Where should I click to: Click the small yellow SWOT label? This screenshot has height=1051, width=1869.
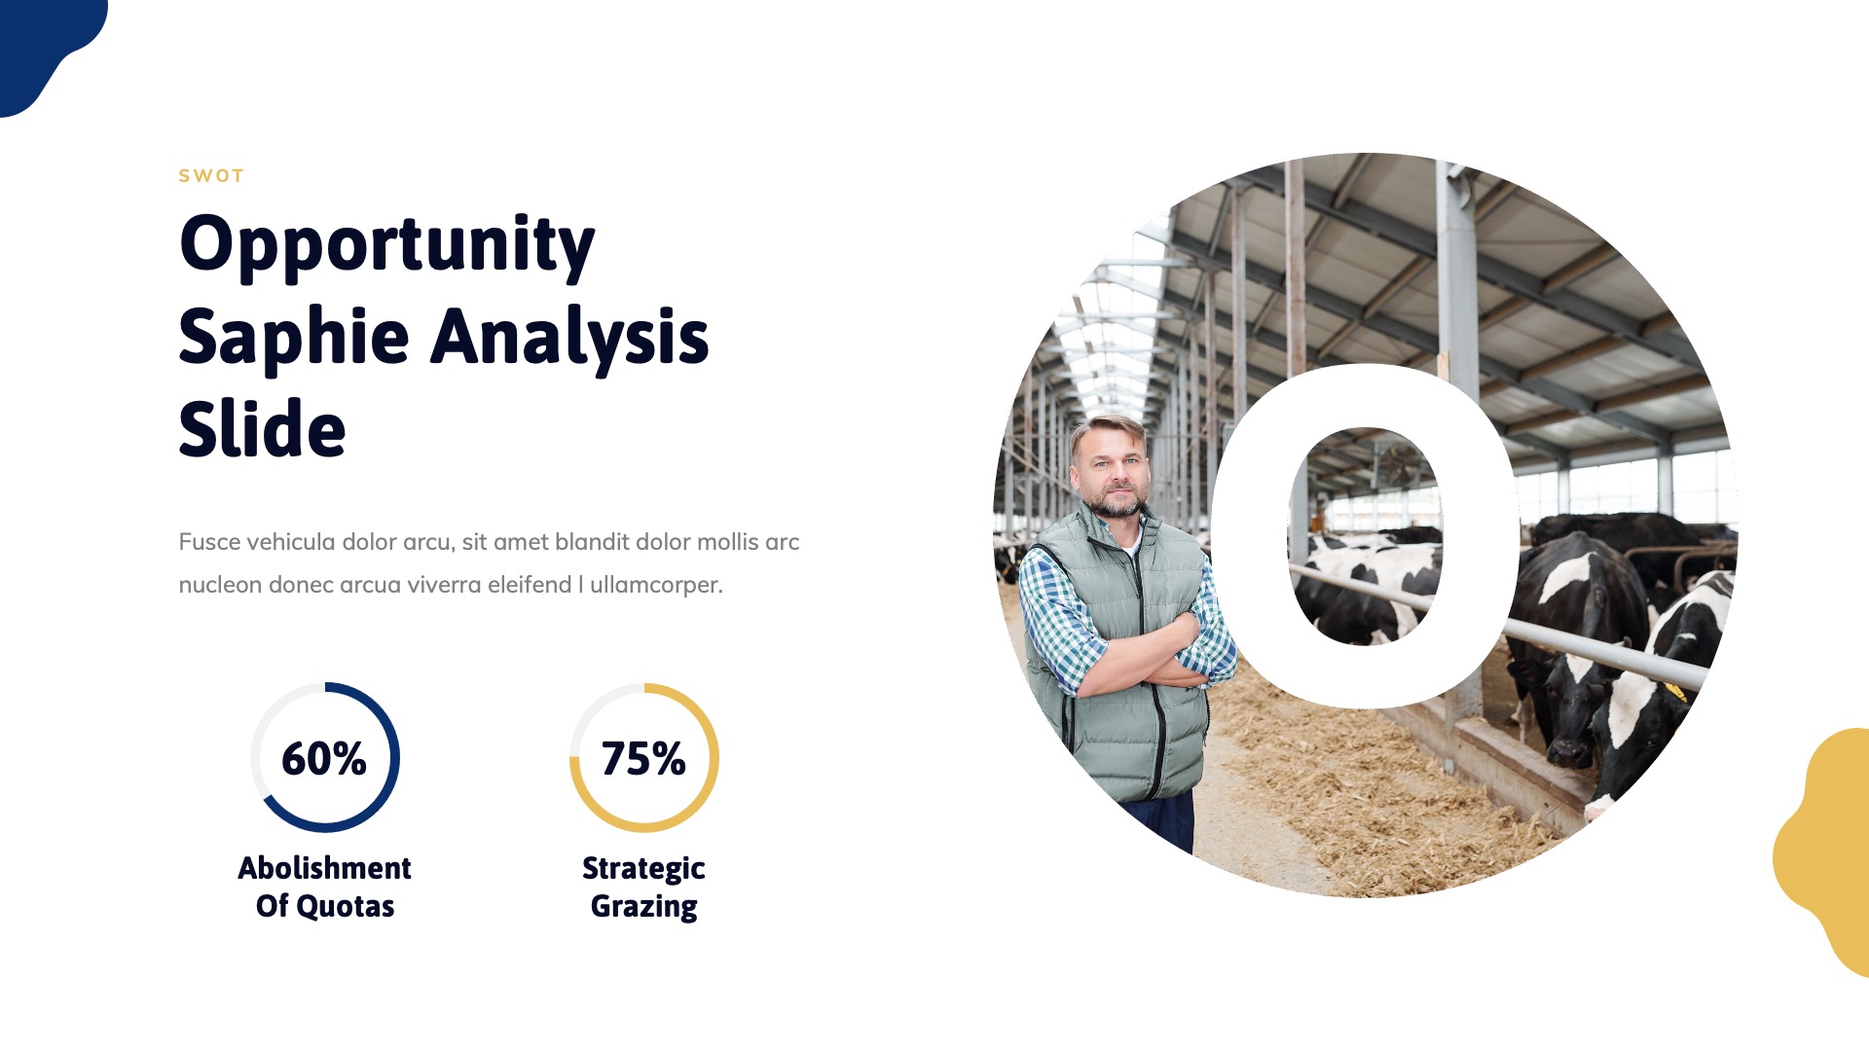210,176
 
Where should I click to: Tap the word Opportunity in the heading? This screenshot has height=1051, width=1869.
386,244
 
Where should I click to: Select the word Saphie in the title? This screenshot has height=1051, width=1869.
293,337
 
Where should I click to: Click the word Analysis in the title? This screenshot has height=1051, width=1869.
569,337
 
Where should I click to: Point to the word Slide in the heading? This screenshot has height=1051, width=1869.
262,429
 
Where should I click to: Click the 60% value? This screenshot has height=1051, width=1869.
323,759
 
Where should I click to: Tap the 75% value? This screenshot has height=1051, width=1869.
642,759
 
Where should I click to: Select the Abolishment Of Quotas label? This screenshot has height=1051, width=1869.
324,887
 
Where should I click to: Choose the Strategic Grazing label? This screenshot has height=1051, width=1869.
643,887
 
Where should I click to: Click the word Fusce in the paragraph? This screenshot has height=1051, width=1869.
209,542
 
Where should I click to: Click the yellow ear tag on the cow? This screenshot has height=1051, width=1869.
1676,692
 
